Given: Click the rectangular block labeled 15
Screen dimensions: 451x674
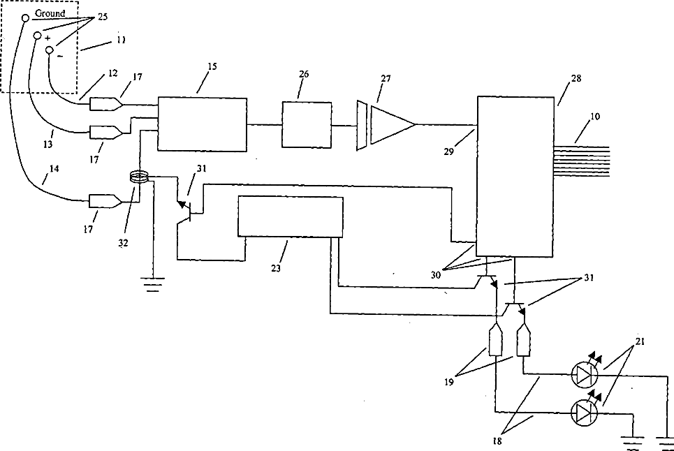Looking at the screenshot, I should click(203, 124).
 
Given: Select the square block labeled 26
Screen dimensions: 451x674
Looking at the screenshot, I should click(307, 124).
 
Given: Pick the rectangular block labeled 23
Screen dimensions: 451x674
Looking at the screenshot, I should click(291, 217).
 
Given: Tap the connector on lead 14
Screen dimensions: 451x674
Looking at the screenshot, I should click(105, 202).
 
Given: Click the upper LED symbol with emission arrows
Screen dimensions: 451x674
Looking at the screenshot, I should click(583, 376).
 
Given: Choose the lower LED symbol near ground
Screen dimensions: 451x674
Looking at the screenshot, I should click(583, 413).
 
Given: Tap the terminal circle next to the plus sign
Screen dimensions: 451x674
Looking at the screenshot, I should click(38, 34).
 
